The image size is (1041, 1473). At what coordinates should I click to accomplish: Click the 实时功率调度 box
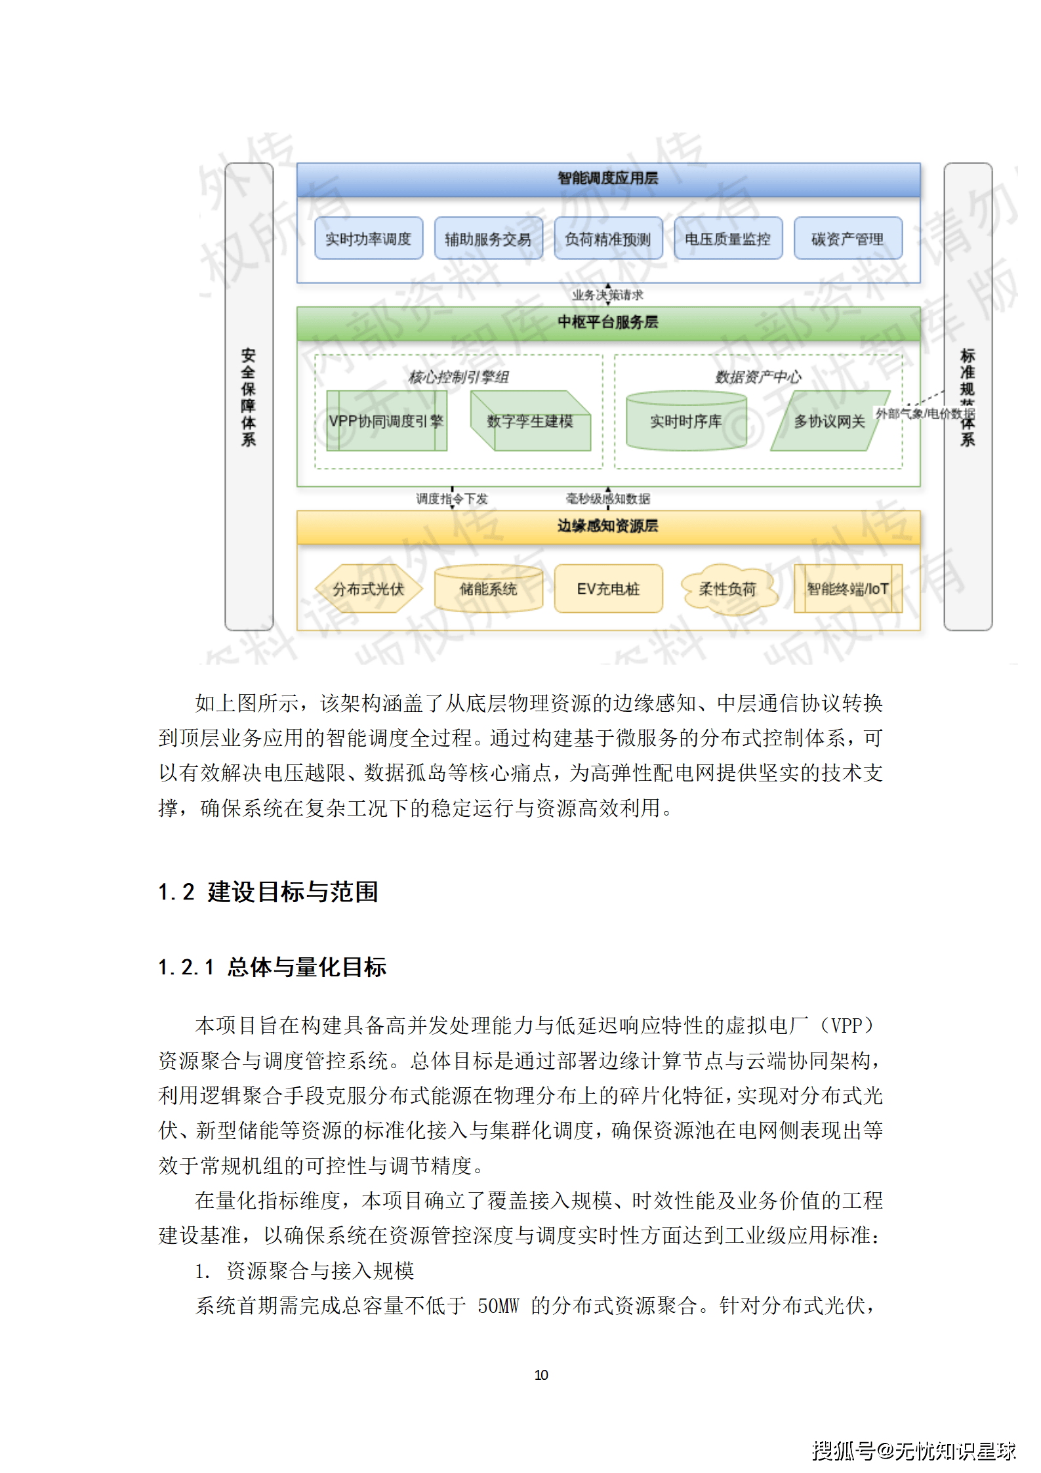[368, 238]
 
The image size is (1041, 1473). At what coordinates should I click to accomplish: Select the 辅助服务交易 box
[488, 238]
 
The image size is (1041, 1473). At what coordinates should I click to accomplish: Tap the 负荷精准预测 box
[608, 238]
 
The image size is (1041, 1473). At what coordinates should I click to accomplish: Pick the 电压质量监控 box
[728, 238]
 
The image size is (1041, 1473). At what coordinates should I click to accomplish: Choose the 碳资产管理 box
[847, 238]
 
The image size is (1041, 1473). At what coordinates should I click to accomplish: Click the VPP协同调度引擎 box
[386, 421]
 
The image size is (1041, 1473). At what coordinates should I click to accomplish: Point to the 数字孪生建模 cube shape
[530, 421]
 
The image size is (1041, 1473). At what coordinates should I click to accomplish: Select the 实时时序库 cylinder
[686, 421]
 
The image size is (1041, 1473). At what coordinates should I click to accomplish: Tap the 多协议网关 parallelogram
[829, 421]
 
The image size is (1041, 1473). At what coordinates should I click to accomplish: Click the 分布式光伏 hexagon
[368, 589]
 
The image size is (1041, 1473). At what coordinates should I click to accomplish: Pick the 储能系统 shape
[488, 589]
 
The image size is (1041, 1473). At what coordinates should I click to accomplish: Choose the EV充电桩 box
[608, 589]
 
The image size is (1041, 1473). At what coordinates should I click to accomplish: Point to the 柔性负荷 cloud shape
[728, 589]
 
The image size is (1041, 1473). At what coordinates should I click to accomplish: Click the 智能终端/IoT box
[847, 589]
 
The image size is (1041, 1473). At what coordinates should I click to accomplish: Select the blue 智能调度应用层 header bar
[608, 178]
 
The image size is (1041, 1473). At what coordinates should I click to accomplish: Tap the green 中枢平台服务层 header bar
[608, 322]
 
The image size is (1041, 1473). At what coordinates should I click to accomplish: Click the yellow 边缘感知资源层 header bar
[608, 526]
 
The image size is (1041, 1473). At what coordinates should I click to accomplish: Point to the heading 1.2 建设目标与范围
[268, 892]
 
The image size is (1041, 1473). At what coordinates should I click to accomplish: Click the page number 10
[541, 1375]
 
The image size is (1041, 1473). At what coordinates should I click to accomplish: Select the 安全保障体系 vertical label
[249, 396]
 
